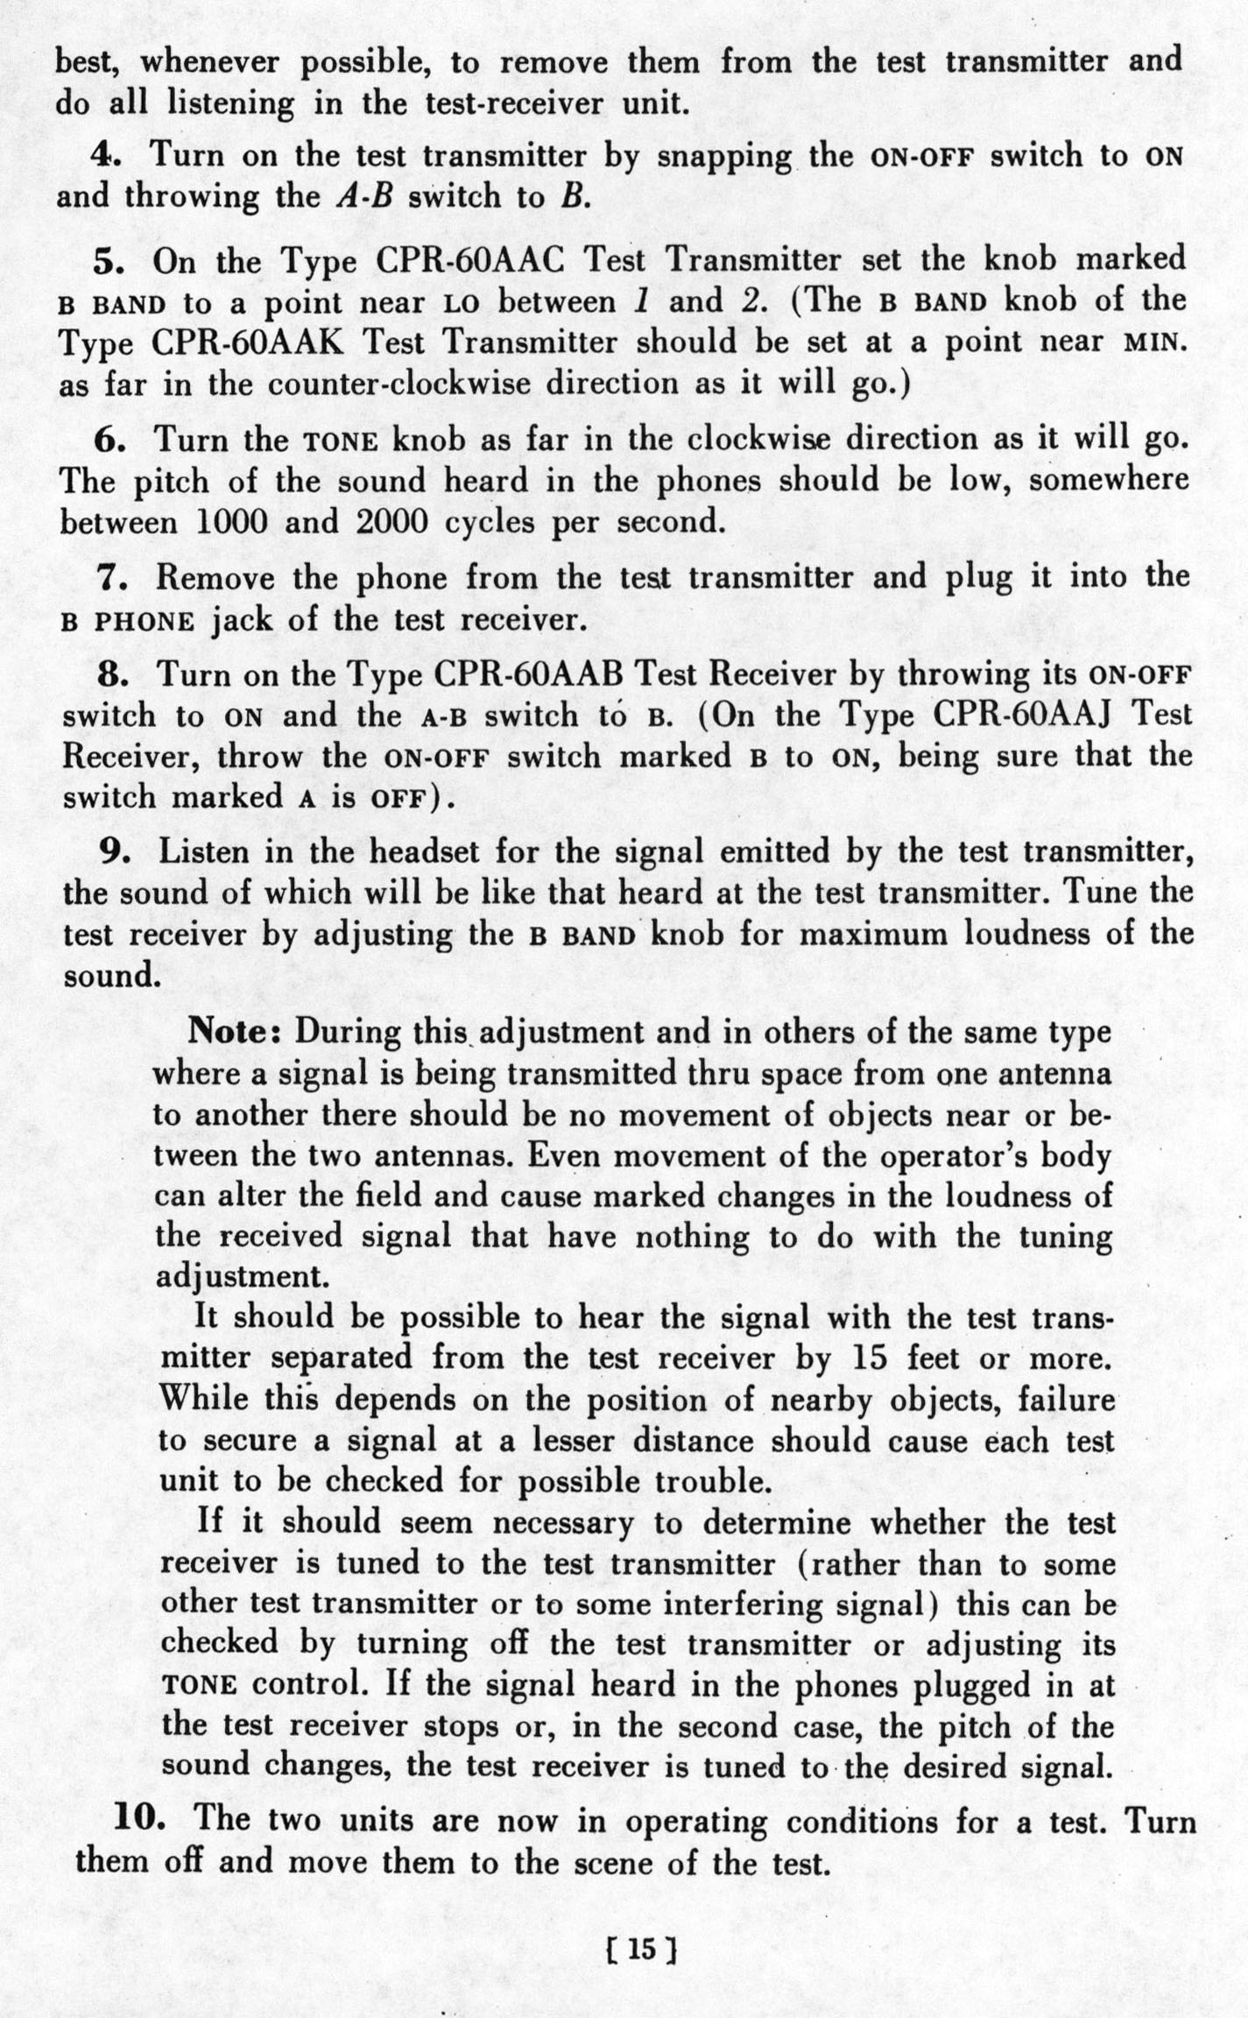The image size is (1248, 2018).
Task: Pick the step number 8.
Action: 112,675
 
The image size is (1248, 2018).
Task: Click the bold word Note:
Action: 234,1032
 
